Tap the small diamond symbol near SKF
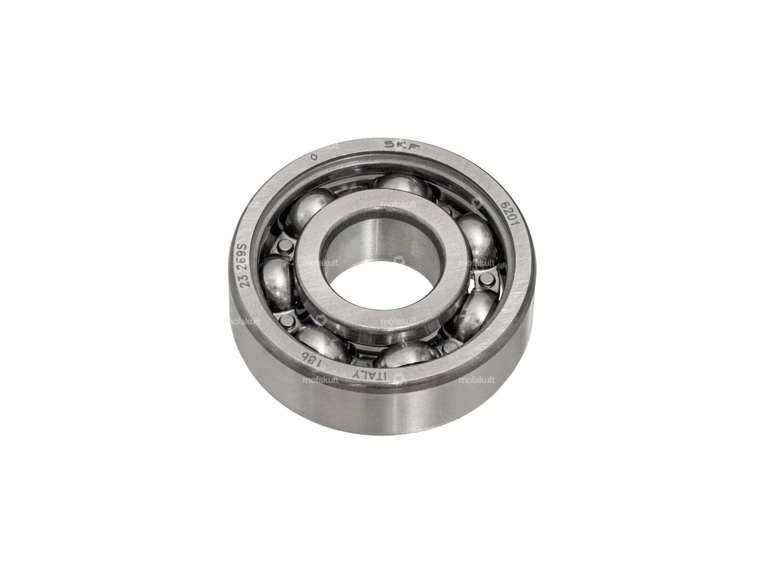(x=313, y=156)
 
